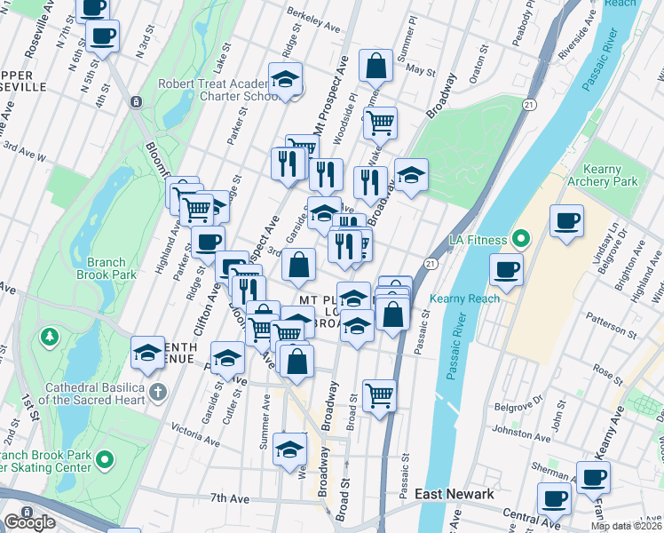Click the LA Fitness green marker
(521, 240)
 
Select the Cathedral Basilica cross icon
(158, 391)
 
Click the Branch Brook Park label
(112, 268)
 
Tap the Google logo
(29, 522)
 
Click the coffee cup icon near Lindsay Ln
(566, 220)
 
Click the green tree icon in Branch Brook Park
(47, 338)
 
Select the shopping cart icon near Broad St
(379, 394)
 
